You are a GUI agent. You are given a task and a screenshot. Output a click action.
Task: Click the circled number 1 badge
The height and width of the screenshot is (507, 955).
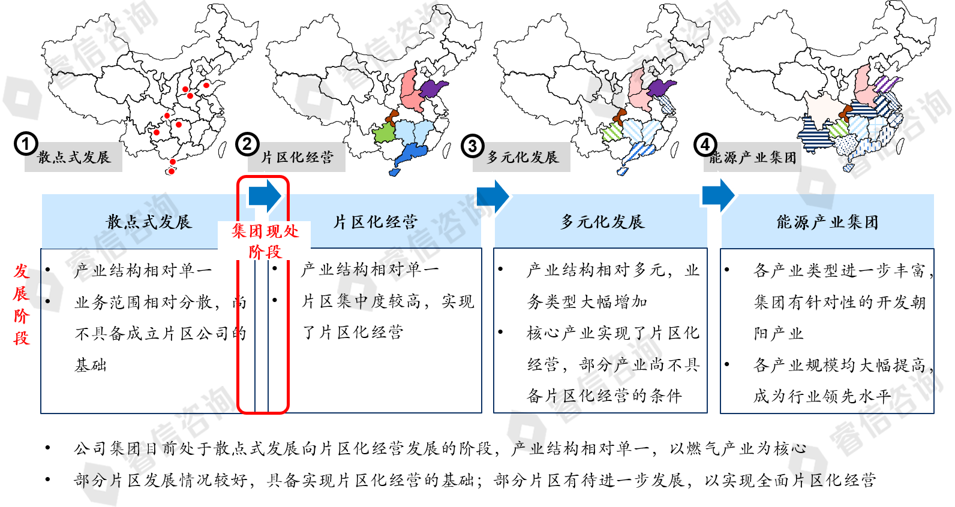coord(26,144)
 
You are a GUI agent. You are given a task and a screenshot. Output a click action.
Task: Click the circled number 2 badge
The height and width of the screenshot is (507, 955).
coord(247,144)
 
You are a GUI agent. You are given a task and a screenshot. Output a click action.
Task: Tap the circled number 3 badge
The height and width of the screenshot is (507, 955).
coord(473,146)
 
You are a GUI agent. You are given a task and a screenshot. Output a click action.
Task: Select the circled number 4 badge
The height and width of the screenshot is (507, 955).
coord(705,144)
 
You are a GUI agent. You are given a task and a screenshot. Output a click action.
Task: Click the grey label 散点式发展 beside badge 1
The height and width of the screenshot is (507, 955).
coord(74,158)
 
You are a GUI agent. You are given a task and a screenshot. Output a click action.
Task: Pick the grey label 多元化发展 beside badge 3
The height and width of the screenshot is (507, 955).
coord(522,158)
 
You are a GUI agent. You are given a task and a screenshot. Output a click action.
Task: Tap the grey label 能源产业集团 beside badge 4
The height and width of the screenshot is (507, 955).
coord(753,158)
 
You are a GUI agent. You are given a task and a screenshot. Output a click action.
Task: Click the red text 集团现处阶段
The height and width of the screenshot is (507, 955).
coord(265,241)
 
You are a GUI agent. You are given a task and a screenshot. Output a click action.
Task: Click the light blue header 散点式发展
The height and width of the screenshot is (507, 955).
coord(148,222)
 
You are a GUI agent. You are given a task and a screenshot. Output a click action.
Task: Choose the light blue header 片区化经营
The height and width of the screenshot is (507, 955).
coord(376,222)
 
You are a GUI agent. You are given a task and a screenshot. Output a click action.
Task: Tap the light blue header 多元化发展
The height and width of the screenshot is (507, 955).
coord(602,222)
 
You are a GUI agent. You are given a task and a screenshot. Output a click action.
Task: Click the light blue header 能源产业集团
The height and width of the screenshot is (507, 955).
coord(827,222)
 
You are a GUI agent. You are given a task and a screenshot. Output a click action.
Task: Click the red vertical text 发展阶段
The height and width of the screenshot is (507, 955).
coord(22,304)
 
